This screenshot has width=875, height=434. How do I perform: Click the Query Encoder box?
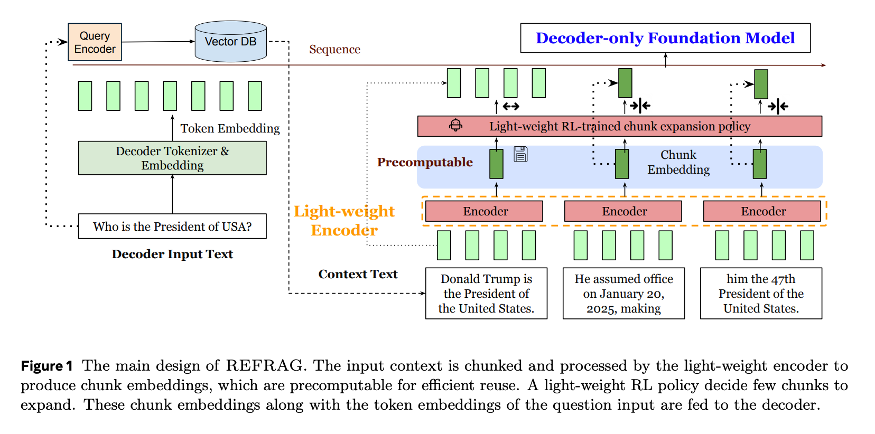[95, 42]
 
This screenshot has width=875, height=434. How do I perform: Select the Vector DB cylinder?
[230, 42]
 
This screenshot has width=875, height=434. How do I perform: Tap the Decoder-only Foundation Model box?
[665, 38]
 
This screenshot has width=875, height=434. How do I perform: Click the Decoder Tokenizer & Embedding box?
[172, 158]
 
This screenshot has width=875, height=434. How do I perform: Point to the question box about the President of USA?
[172, 227]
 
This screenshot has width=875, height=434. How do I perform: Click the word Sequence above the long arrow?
[334, 50]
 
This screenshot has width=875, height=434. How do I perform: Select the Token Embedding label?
[230, 128]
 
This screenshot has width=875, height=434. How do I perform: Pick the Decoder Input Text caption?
[172, 254]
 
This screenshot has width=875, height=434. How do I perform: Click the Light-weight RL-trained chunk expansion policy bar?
[619, 126]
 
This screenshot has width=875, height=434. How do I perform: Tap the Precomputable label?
[425, 162]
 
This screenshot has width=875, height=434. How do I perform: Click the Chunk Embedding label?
[678, 162]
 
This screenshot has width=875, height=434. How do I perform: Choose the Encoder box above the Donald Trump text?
[484, 211]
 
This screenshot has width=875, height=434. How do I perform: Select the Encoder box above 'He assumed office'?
[623, 211]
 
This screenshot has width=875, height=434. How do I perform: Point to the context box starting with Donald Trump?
[486, 294]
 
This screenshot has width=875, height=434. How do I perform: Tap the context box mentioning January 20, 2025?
[623, 294]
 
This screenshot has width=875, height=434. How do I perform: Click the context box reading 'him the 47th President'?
[761, 294]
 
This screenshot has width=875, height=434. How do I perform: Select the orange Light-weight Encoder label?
[344, 221]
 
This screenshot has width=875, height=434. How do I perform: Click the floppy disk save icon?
[520, 154]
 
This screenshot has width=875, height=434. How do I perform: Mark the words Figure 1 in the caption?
[46, 366]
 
